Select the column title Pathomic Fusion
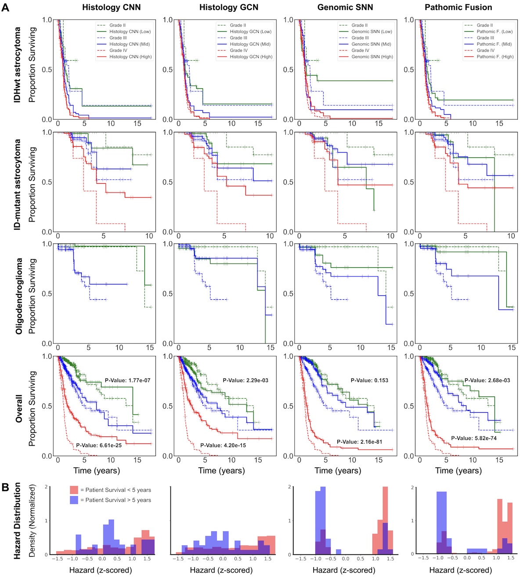458,7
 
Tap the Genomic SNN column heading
345,7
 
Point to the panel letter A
6,7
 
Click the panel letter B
6,487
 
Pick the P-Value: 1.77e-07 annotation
127,381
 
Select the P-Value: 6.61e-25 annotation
99,445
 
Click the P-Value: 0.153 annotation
369,381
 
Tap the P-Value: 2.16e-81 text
360,442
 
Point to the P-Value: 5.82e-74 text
474,438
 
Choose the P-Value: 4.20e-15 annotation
223,445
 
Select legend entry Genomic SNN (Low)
372,32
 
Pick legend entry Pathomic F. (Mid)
494,44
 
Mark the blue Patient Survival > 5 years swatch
74,500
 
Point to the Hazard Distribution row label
18,521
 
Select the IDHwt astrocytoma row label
18,65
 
